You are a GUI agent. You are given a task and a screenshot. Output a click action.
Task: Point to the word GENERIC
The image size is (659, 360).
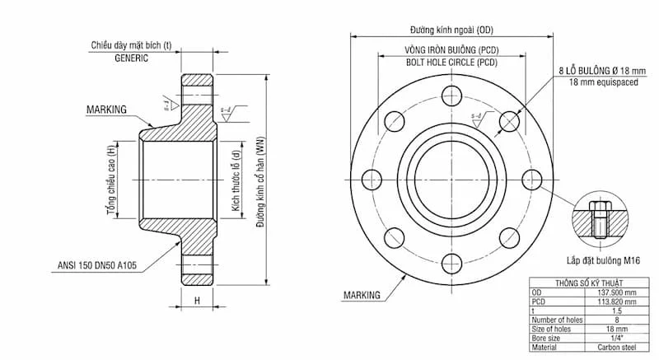pos(131,59)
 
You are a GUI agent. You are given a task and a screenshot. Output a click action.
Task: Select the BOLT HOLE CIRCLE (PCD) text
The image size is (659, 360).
pos(451,63)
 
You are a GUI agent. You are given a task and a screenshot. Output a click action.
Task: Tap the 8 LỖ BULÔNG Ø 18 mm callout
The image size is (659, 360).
pos(603,72)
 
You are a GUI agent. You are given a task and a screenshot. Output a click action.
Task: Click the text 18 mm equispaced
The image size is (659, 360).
pos(602,82)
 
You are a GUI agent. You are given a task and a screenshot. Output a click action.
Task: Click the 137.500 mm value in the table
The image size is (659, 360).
pos(615,292)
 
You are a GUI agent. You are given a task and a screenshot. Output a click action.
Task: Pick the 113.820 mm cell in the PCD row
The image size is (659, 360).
pos(615,301)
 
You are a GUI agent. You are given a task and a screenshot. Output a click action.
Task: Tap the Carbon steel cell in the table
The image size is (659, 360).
pos(615,346)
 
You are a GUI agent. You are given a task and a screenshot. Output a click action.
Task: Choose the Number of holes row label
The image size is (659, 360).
pos(558,319)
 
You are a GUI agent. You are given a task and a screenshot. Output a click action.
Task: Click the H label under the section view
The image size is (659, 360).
pos(197,302)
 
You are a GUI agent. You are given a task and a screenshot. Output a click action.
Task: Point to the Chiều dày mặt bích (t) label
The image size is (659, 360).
pos(134,45)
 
